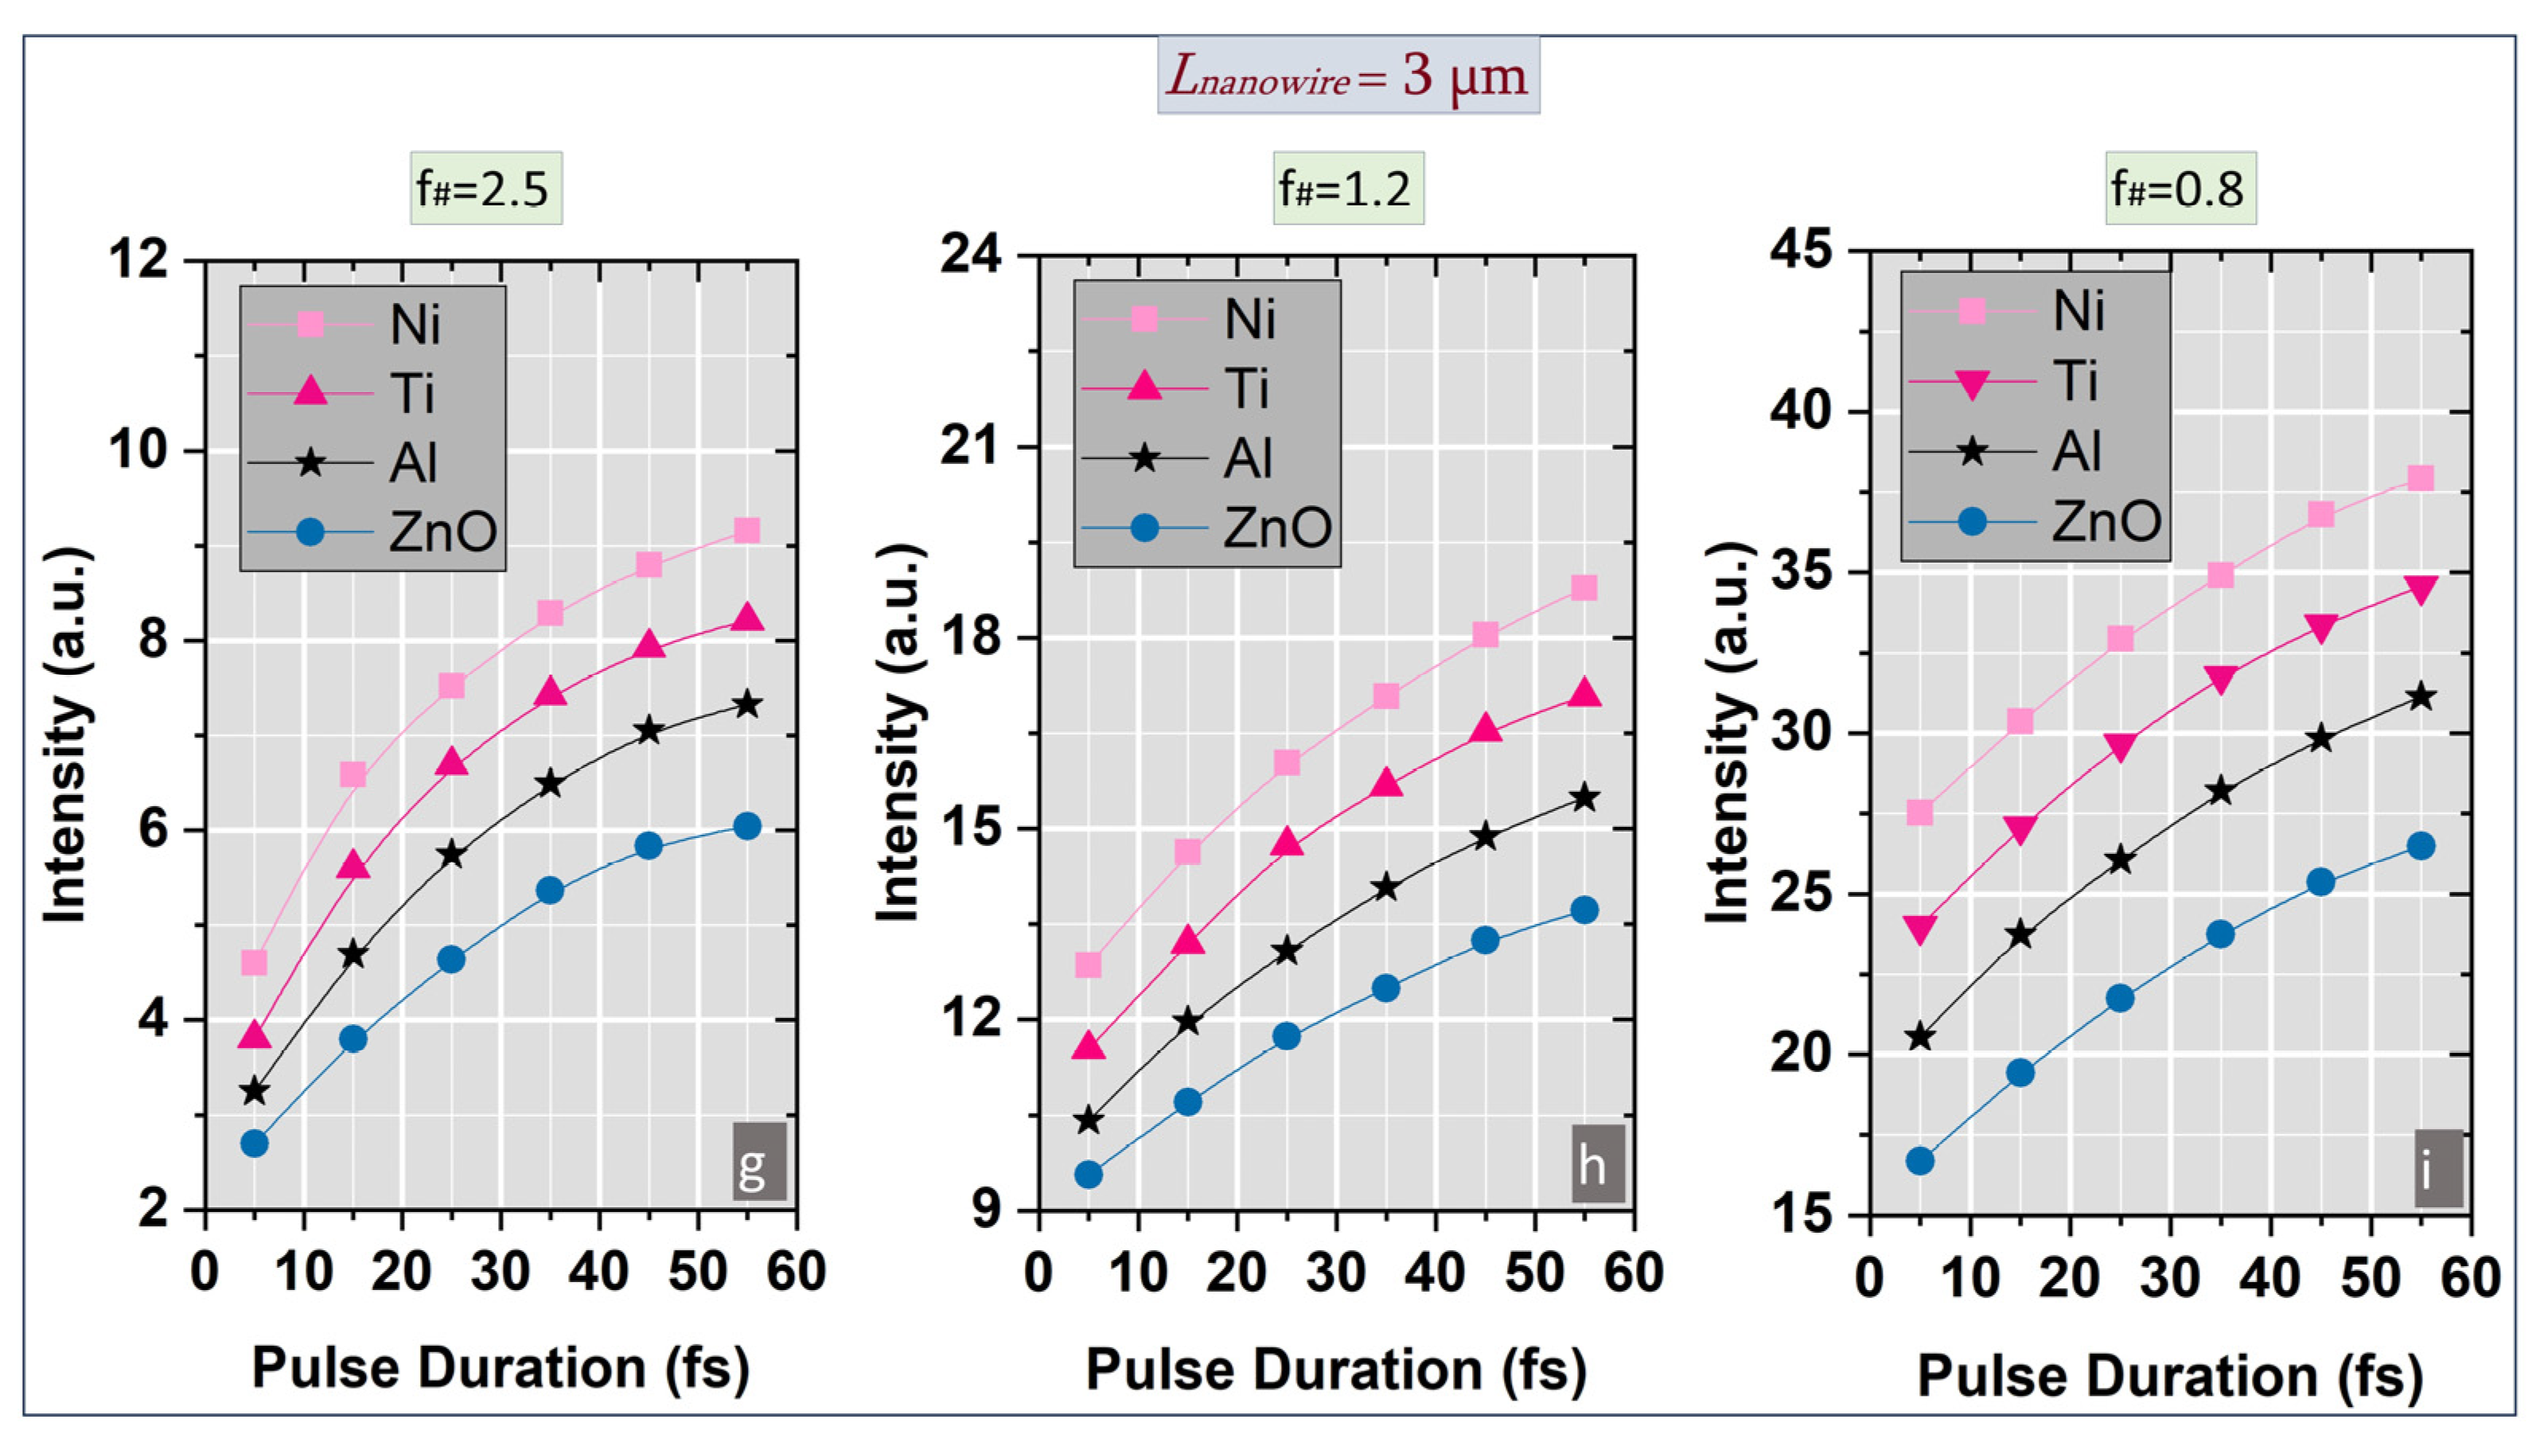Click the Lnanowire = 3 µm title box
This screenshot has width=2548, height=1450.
pyautogui.click(x=1347, y=76)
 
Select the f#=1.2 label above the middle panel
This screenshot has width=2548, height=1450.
pyautogui.click(x=1347, y=189)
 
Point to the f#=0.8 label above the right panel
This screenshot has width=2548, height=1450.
pyautogui.click(x=2180, y=189)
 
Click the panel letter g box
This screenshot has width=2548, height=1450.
pyautogui.click(x=758, y=1161)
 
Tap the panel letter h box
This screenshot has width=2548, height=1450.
pyautogui.click(x=1597, y=1164)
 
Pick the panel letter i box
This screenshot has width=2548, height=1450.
pyautogui.click(x=2437, y=1168)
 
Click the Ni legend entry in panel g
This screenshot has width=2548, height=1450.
pyautogui.click(x=372, y=324)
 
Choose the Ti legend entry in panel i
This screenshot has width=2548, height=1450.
pyautogui.click(x=2032, y=380)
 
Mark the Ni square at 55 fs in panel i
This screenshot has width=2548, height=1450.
pyautogui.click(x=2421, y=479)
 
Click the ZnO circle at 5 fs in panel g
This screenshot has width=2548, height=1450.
pyautogui.click(x=254, y=1144)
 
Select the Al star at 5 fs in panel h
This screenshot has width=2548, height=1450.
pyautogui.click(x=1089, y=1121)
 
